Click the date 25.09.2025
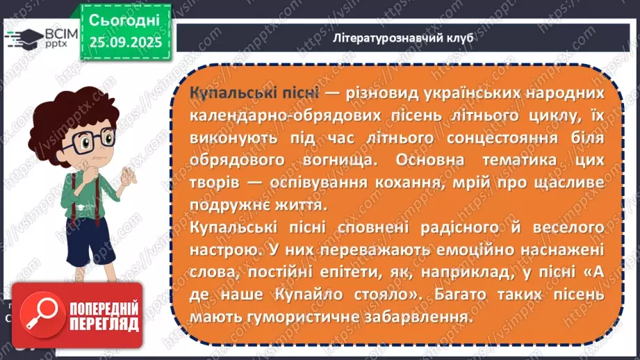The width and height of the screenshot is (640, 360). point(125,42)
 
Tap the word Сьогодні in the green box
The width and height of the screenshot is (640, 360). point(125,19)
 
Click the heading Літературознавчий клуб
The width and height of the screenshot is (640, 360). point(403,38)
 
